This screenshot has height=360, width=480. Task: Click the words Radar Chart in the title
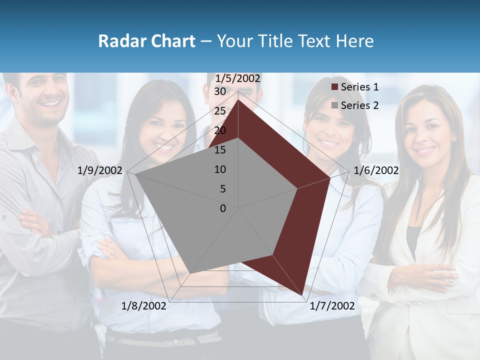coord(146,41)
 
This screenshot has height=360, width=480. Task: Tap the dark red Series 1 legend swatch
coord(334,87)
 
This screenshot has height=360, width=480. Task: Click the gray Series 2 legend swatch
coord(334,105)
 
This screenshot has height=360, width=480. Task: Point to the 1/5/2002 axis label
coord(237,78)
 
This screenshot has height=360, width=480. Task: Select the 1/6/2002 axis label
coord(376,170)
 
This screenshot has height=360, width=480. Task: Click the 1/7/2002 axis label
coord(332,306)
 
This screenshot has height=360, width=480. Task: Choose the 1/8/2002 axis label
coord(144,306)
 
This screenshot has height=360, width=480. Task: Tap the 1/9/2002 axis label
coord(99,170)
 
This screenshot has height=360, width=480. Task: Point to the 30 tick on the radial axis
coord(219,91)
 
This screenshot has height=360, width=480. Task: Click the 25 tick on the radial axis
coord(219,111)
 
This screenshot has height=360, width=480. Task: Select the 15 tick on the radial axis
coord(219,150)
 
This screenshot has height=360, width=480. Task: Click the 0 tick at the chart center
coord(223,208)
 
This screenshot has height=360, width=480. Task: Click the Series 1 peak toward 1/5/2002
coord(238,99)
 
